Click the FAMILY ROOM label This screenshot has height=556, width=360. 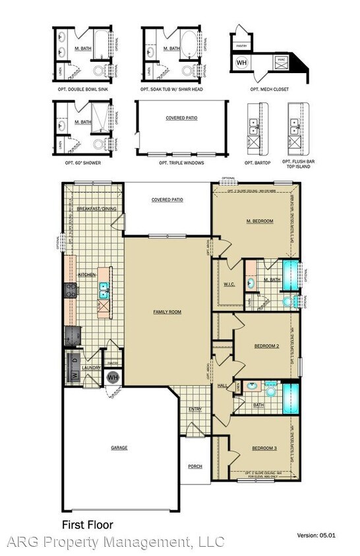point(167,312)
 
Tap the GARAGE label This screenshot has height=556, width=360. point(119,447)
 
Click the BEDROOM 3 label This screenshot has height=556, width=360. point(266,449)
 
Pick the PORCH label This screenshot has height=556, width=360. point(195,466)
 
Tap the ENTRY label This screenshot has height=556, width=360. point(195,409)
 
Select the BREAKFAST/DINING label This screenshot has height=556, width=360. point(96,208)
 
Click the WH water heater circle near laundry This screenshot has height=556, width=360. point(113,377)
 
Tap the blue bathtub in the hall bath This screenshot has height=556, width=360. point(291,398)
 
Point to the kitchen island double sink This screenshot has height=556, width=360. point(104,288)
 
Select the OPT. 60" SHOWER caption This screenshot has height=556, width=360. point(83,162)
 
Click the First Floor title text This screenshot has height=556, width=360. point(87,525)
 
